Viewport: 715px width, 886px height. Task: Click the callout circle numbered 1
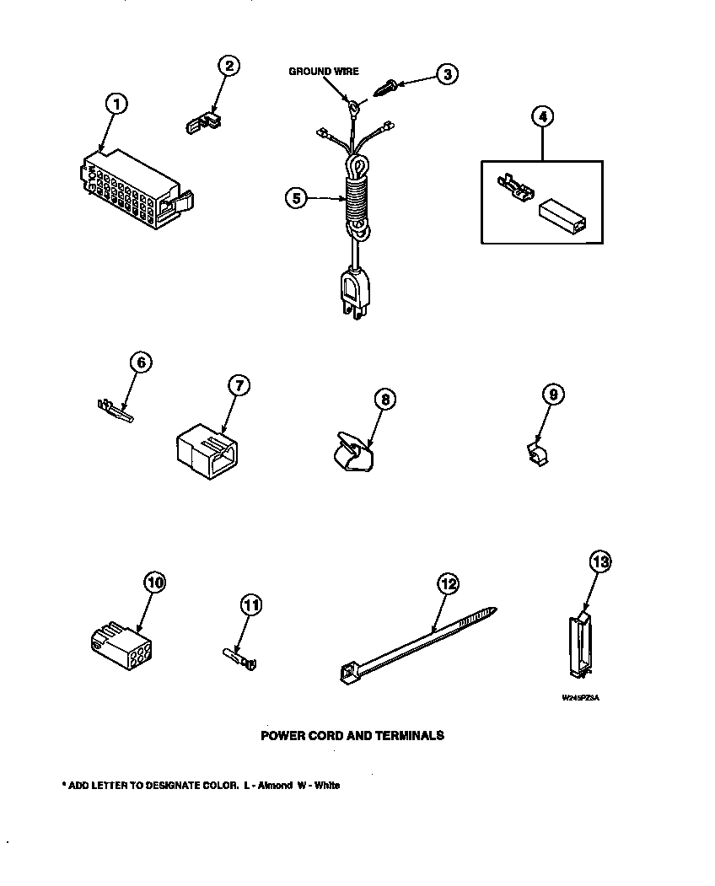point(116,104)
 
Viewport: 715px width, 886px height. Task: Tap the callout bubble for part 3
point(447,75)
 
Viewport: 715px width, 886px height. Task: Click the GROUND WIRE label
point(324,72)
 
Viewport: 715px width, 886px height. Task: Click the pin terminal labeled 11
point(239,654)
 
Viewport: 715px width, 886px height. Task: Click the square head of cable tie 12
point(347,673)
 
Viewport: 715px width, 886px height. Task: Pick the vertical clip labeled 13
point(578,646)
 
